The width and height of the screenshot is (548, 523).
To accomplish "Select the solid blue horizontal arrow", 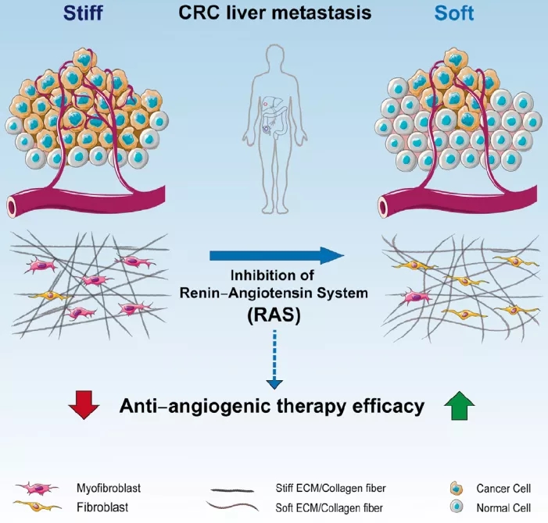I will coord(277,255).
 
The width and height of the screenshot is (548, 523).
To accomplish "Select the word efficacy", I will coord(388,406).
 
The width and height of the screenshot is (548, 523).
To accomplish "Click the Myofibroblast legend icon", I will coord(35,488).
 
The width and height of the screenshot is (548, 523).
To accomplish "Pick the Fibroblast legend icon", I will coord(35,507).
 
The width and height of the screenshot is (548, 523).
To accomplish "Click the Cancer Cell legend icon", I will coord(456,488).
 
